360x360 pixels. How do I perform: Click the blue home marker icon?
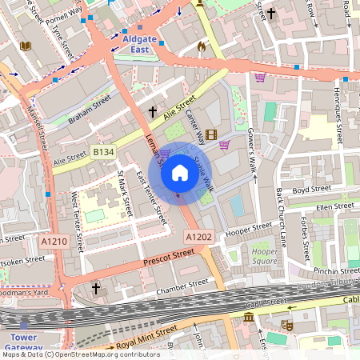[180, 171]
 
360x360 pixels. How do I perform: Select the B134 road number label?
[103, 151]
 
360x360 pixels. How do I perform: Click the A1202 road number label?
[198, 237]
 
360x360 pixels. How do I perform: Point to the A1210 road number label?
[53, 241]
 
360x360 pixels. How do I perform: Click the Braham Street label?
[89, 107]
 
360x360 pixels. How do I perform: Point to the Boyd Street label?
[311, 190]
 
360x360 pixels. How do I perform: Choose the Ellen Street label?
[334, 207]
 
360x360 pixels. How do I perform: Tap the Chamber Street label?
[182, 287]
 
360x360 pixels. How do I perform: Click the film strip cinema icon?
[211, 134]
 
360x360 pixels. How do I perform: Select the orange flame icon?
[201, 46]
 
